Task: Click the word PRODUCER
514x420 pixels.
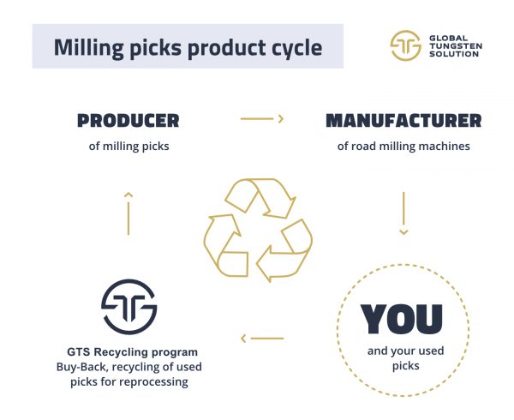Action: tap(128, 121)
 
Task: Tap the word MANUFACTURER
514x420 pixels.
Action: tap(403, 121)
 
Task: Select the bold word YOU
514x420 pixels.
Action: tap(402, 319)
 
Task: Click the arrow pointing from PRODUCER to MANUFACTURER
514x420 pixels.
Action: tap(262, 118)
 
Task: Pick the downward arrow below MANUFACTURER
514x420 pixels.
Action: tap(403, 213)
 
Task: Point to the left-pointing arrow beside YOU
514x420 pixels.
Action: tap(262, 339)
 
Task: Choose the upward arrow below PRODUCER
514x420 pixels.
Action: tap(128, 213)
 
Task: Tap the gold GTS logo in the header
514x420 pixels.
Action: tap(405, 45)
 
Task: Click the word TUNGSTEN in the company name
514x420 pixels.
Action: tap(456, 46)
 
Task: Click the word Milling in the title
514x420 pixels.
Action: tap(89, 48)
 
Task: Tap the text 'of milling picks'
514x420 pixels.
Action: tap(128, 147)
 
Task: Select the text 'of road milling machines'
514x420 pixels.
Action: tap(403, 147)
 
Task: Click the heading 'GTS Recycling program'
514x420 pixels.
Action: tap(133, 351)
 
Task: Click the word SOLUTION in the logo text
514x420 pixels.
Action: tap(454, 54)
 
